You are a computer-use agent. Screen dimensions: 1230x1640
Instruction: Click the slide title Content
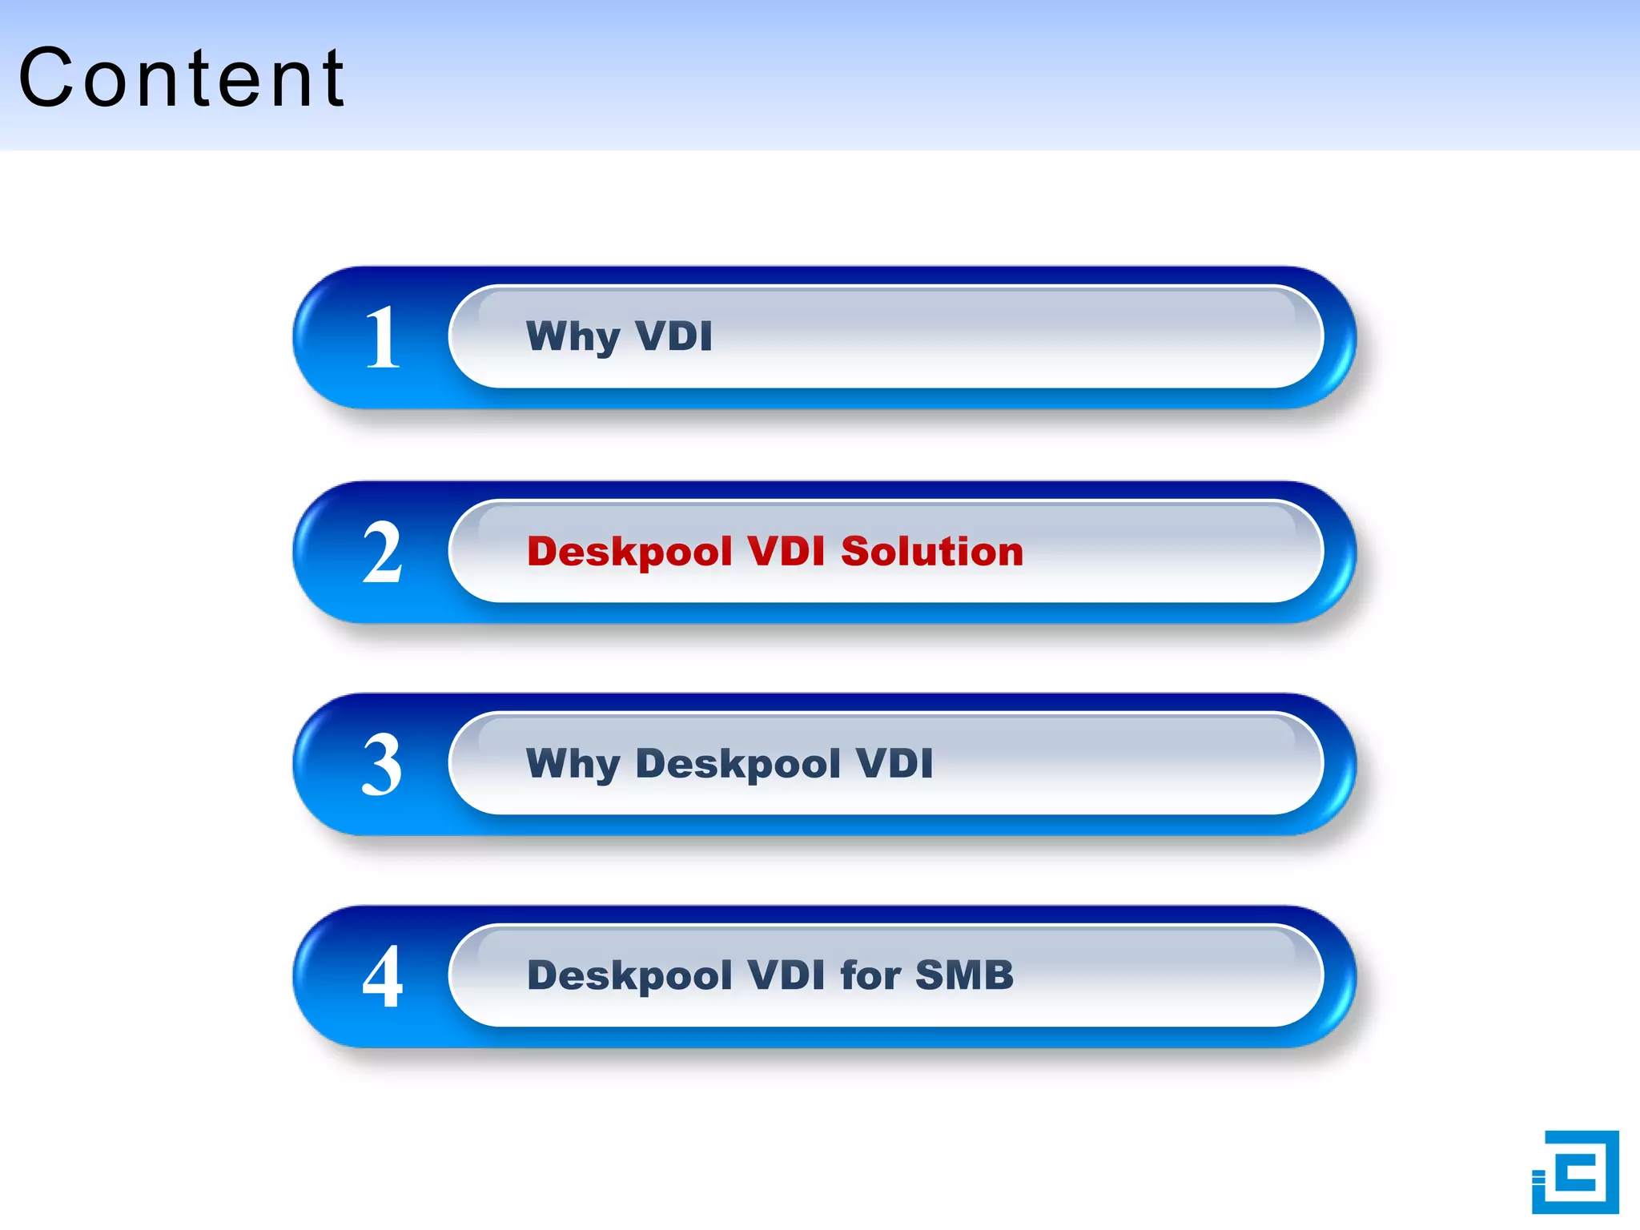[x=182, y=78]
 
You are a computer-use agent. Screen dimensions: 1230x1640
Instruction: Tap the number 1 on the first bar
[x=382, y=338]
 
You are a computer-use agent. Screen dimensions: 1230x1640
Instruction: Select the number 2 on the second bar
[x=382, y=553]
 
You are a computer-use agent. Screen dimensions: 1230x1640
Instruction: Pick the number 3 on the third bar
[x=382, y=766]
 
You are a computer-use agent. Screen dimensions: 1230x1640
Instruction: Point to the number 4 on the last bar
[x=382, y=977]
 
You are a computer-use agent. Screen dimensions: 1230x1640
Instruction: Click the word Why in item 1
[x=573, y=336]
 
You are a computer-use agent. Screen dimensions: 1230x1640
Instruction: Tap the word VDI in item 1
[x=673, y=336]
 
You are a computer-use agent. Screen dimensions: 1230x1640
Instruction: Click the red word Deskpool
[x=629, y=553]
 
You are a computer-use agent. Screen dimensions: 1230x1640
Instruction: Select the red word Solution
[x=932, y=551]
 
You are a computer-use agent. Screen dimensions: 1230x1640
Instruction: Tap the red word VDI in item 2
[x=786, y=551]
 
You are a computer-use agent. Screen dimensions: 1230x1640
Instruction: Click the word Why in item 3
[x=573, y=764]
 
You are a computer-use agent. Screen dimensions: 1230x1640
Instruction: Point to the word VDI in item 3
[x=894, y=762]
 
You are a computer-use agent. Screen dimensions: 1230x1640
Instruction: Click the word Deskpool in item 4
[x=629, y=976]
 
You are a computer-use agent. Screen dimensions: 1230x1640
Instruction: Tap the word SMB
[x=964, y=975]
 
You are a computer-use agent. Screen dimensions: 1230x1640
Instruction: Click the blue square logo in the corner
[x=1575, y=1172]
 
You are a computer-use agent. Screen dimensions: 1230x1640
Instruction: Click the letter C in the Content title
[x=48, y=78]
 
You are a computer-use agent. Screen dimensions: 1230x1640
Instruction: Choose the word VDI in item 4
[x=786, y=975]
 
